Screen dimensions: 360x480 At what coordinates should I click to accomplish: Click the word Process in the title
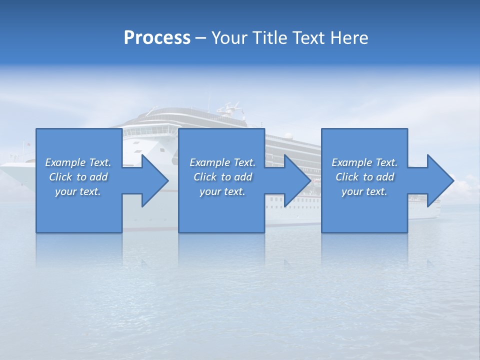pos(157,37)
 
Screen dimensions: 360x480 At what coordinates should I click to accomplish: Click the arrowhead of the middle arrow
pos(298,180)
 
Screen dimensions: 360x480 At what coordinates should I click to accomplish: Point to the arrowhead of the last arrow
pos(440,180)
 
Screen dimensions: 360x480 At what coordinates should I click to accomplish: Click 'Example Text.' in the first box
pos(78,162)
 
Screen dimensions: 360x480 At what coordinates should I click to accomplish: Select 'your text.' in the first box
pos(78,191)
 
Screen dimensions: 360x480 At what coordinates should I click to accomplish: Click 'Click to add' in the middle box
pos(222,177)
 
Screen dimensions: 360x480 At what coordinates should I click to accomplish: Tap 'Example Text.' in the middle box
pos(222,162)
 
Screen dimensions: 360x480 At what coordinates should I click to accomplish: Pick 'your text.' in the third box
pos(364,191)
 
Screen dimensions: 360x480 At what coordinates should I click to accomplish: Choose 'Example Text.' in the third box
pos(364,162)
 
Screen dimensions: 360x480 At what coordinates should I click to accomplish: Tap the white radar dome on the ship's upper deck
pos(288,135)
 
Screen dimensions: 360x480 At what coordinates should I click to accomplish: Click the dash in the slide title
pos(200,38)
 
